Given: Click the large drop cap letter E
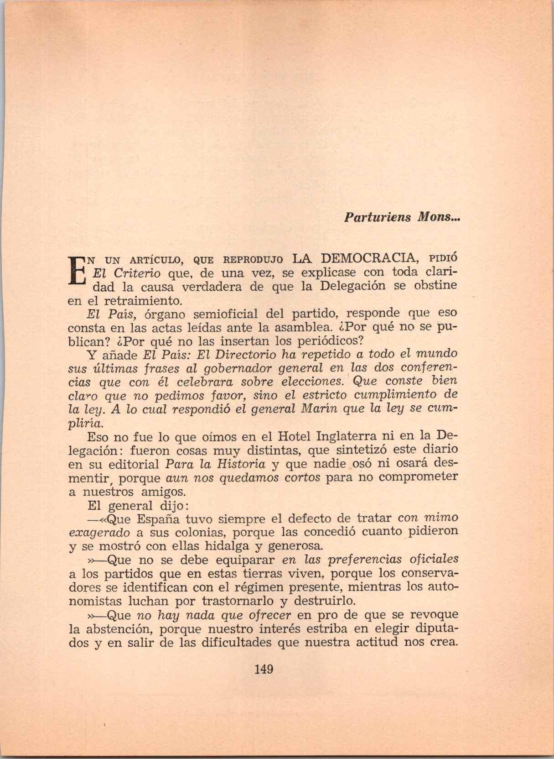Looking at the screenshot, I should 77,271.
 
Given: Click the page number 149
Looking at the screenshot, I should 264,670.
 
